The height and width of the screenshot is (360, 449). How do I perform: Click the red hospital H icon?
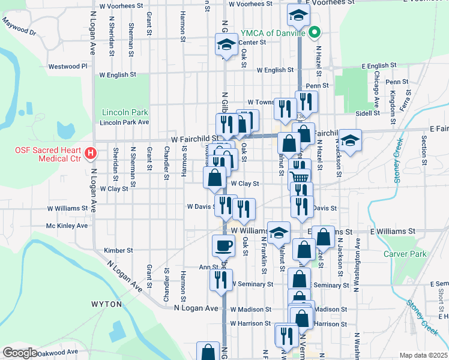[x=91, y=154]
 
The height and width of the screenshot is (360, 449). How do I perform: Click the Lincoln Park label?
[x=125, y=112]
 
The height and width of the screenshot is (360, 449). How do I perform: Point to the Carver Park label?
[x=405, y=254]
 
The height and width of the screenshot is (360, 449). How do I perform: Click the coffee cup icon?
[x=224, y=245]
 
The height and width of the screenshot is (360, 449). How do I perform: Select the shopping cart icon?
[x=299, y=176]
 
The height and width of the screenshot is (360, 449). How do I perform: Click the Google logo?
[x=20, y=353]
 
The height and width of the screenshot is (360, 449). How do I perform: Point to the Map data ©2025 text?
[x=424, y=355]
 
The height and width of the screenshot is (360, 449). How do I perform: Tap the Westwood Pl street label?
[x=68, y=67]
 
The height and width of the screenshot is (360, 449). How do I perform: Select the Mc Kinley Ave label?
[x=67, y=226]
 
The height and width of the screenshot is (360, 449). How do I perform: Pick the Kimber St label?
[x=118, y=250]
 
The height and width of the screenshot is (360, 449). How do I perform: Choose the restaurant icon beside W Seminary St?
[x=220, y=280]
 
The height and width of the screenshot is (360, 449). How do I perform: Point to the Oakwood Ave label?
[x=58, y=352]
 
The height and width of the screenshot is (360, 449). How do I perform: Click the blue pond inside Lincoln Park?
[x=64, y=129]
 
